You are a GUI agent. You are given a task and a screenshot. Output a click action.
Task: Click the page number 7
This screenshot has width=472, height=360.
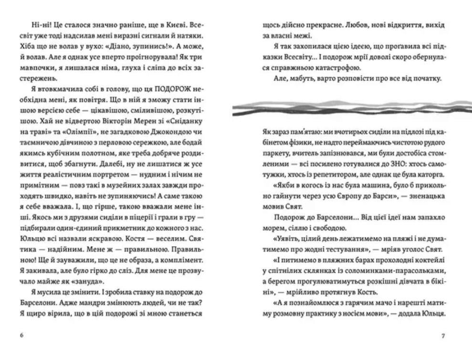click(x=443, y=336)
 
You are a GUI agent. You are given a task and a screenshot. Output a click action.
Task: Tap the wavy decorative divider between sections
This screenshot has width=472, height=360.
click(x=352, y=108)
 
